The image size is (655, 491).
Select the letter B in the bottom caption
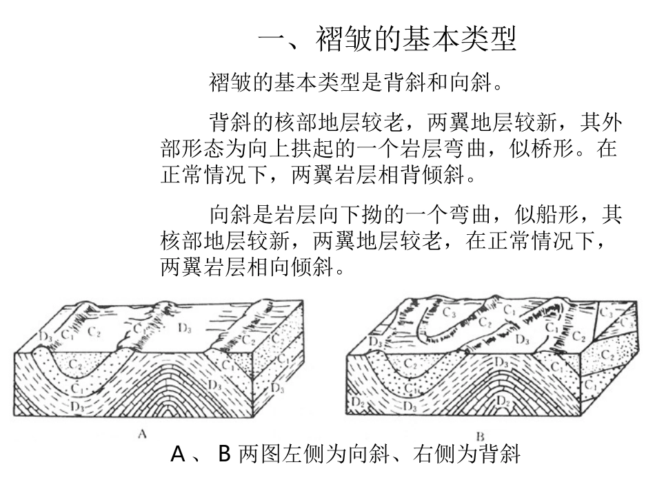pos(223,455)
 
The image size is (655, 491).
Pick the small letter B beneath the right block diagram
pos(481,435)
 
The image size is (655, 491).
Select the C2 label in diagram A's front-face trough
pos(74,362)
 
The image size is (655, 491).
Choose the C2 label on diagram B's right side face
pos(607,354)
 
